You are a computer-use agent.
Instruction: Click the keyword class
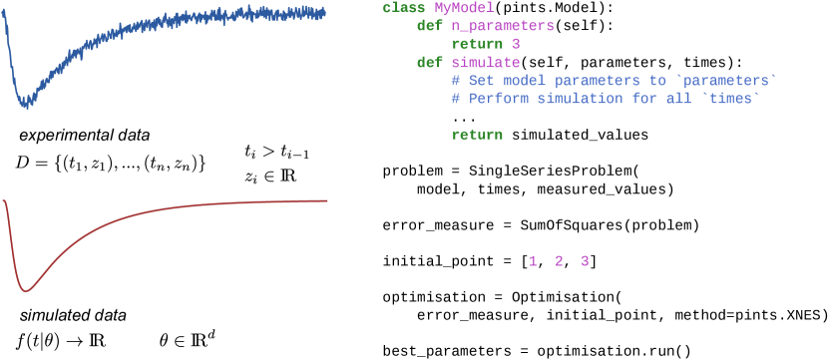pyautogui.click(x=403, y=8)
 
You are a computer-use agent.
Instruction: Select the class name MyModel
pyautogui.click(x=463, y=8)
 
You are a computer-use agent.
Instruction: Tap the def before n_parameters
pyautogui.click(x=429, y=27)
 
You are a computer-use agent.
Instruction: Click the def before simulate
pyautogui.click(x=429, y=63)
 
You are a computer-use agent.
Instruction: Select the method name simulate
pyautogui.click(x=485, y=63)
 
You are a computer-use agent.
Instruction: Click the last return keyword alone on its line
pyautogui.click(x=477, y=135)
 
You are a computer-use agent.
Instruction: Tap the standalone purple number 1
pyautogui.click(x=533, y=261)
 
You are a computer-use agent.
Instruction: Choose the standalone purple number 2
pyautogui.click(x=559, y=261)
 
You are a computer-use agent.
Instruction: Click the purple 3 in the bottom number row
pyautogui.click(x=585, y=261)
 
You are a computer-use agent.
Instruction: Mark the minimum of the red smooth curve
pyautogui.click(x=27, y=290)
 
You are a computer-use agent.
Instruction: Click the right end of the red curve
pyautogui.click(x=327, y=200)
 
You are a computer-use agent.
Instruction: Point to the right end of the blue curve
pyautogui.click(x=325, y=13)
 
